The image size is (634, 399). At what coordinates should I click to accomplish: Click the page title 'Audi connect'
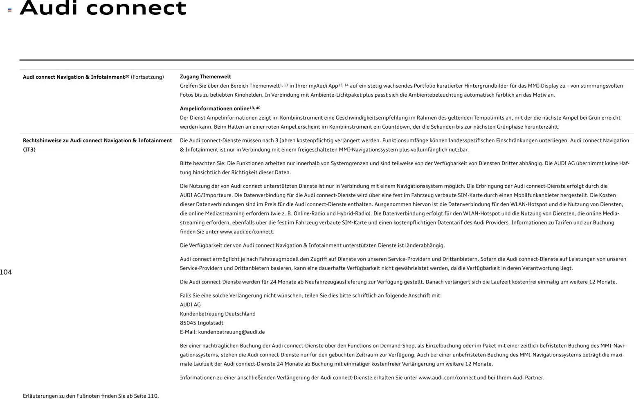click(103, 8)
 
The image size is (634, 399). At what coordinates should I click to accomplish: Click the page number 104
click(6, 272)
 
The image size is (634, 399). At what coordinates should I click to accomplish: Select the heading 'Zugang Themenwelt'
click(205, 77)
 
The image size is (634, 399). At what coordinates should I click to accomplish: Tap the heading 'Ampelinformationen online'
click(215, 109)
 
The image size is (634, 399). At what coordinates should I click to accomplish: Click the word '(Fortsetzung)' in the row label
click(147, 77)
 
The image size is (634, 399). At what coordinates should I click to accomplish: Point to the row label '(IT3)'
click(29, 150)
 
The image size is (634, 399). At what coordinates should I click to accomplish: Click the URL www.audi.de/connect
click(247, 232)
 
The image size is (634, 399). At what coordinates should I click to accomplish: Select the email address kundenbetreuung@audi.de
click(231, 332)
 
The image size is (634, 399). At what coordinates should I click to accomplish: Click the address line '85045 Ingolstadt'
click(202, 323)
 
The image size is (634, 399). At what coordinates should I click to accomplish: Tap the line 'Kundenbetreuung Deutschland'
click(218, 314)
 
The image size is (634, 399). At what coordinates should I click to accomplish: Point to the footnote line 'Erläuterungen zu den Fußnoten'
click(91, 396)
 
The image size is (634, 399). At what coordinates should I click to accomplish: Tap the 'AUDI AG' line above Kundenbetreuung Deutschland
click(190, 305)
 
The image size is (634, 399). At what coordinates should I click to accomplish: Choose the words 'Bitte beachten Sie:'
click(202, 163)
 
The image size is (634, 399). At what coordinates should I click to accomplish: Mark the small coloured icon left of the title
click(10, 10)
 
